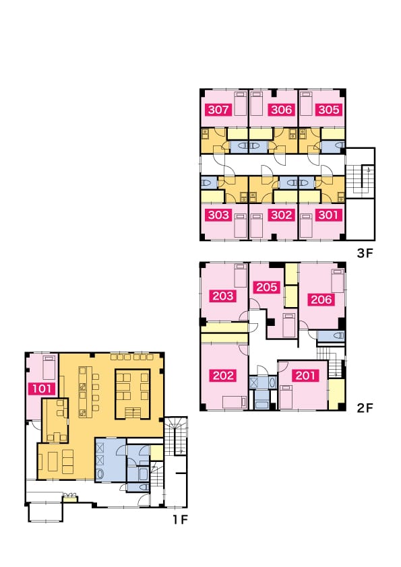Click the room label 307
(x=218, y=110)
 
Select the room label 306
(x=281, y=110)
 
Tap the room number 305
(x=329, y=110)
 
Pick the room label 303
(x=218, y=215)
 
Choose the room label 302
(x=281, y=215)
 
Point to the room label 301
(x=328, y=215)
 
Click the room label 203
(x=223, y=296)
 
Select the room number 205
(x=267, y=287)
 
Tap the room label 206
(x=321, y=300)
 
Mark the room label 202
(x=223, y=375)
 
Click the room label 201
(x=305, y=375)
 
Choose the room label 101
(x=42, y=389)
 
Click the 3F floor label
(x=365, y=253)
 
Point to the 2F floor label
(x=365, y=408)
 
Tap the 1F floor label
(x=180, y=520)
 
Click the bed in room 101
(x=49, y=367)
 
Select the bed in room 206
(x=338, y=281)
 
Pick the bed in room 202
(x=235, y=402)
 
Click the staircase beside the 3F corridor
(x=359, y=179)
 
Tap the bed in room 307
(x=241, y=104)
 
